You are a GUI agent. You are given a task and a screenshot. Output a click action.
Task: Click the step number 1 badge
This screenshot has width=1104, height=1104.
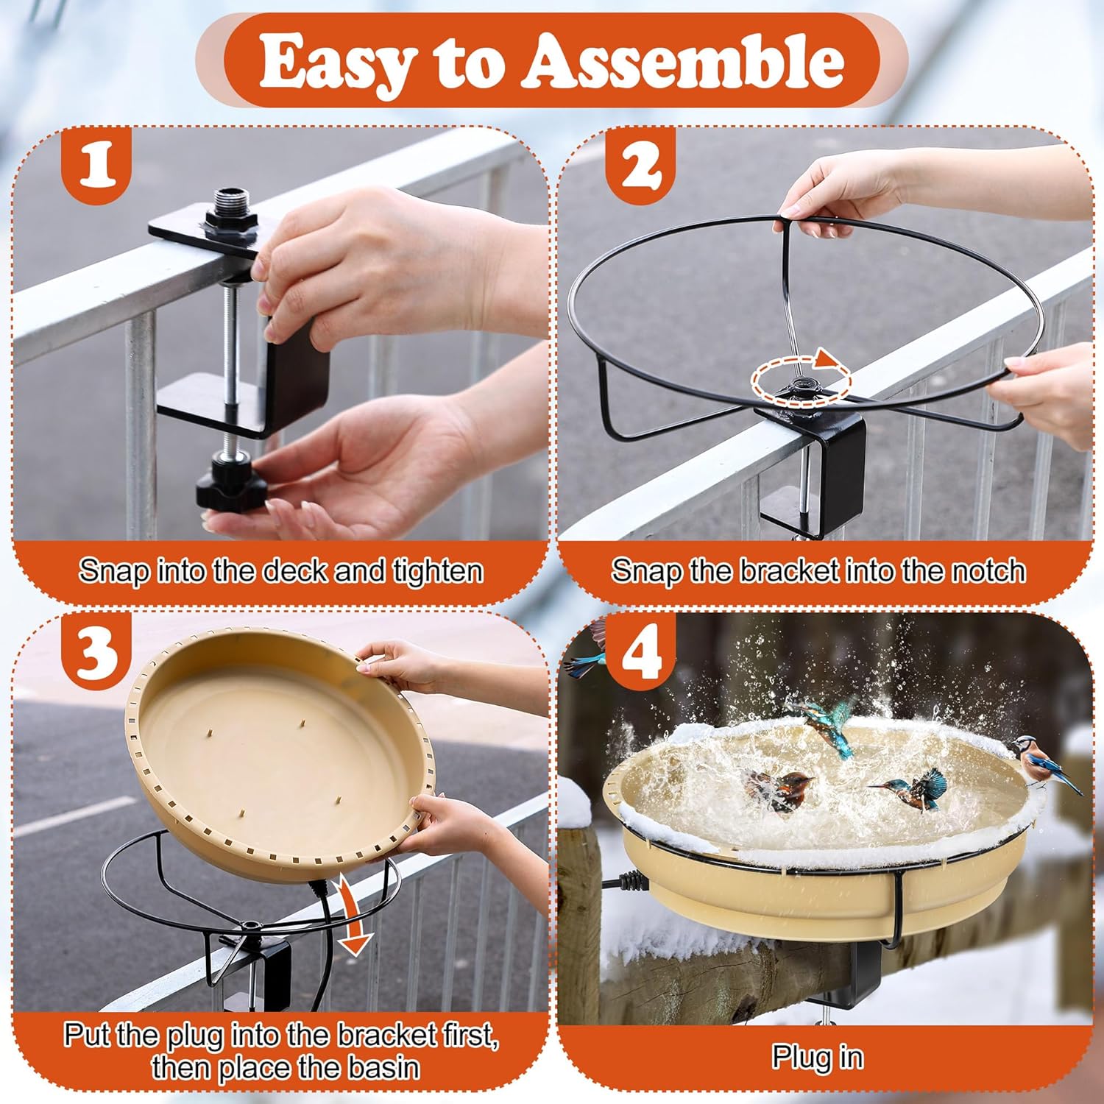pos(97,166)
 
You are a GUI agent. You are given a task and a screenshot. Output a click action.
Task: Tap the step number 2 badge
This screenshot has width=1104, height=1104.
pos(640,166)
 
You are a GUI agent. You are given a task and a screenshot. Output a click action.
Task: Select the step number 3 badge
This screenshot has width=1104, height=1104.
pos(96,651)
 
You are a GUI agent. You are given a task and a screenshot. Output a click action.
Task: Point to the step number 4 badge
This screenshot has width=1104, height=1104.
pos(640,651)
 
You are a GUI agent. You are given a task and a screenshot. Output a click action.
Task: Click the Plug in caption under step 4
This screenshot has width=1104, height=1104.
pos(817,1058)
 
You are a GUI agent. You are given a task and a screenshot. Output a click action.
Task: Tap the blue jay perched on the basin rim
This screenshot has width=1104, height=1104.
pos(1045,765)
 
